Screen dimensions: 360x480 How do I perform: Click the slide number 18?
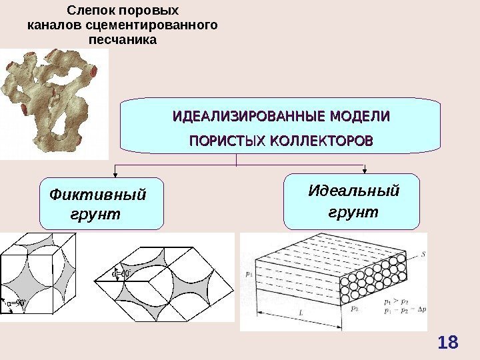click(x=448, y=343)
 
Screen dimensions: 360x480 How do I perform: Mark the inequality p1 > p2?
click(x=397, y=302)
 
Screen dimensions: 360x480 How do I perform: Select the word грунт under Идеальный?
click(x=353, y=213)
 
